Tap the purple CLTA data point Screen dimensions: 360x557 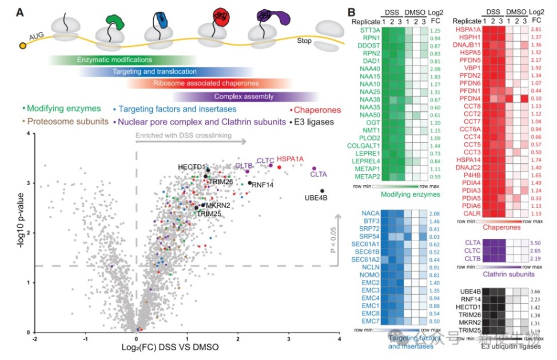(x=314, y=169)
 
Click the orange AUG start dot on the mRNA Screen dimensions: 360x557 (x=23, y=45)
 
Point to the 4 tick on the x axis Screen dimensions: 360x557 (x=340, y=339)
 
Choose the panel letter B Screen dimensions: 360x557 (x=353, y=11)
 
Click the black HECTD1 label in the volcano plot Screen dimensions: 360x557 (x=191, y=166)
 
